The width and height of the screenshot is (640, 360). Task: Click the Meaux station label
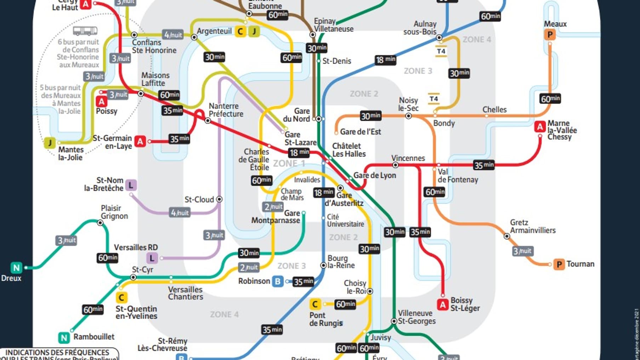555,24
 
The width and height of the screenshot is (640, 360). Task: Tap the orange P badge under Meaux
550,35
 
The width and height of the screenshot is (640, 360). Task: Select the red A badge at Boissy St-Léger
442,304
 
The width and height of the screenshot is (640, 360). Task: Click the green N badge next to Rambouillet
64,338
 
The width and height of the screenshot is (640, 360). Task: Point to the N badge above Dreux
16,268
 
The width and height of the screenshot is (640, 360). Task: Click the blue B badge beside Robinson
278,281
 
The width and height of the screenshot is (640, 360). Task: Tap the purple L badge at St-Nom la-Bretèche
131,185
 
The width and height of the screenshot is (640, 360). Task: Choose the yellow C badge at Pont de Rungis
315,304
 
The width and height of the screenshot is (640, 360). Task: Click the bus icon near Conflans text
85,31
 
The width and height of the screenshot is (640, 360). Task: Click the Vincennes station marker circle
395,165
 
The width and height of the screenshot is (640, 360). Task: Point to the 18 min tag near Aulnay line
385,59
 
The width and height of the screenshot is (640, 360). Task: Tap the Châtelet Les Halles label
349,150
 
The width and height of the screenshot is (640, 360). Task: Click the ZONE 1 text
289,164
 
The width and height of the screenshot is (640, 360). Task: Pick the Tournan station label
580,264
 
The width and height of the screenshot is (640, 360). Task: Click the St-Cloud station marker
219,199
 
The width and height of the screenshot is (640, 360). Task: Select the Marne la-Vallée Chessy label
562,130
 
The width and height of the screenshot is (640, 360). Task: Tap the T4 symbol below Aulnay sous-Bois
441,51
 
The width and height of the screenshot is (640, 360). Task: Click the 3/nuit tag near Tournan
522,251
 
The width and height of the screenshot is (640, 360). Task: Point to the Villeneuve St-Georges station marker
394,321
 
